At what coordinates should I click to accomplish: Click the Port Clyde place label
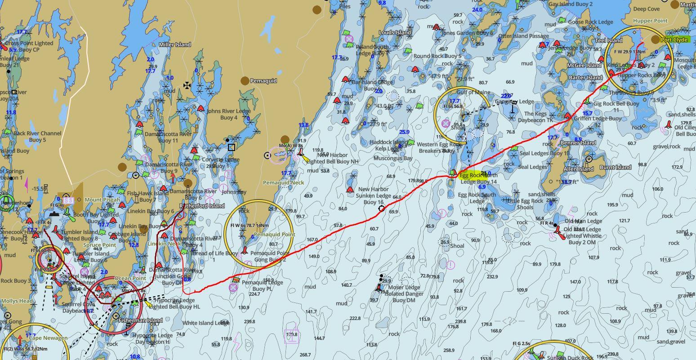674,40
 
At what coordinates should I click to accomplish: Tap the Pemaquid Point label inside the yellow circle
274,235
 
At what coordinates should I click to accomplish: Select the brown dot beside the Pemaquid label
245,81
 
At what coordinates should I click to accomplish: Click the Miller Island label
175,44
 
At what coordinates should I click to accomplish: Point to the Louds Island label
395,32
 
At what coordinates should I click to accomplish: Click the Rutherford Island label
202,206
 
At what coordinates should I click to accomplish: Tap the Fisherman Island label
140,320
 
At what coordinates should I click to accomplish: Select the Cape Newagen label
47,338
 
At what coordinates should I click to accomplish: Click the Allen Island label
579,169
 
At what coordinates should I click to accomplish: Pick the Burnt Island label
616,167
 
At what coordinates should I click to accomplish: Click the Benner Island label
578,143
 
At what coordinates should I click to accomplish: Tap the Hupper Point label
650,21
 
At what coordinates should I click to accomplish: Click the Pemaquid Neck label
283,183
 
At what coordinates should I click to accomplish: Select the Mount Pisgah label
102,200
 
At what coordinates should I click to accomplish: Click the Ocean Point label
130,279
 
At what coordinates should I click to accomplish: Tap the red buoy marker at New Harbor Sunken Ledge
350,190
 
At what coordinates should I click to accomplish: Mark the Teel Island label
609,40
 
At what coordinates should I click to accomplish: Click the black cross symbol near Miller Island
187,85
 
